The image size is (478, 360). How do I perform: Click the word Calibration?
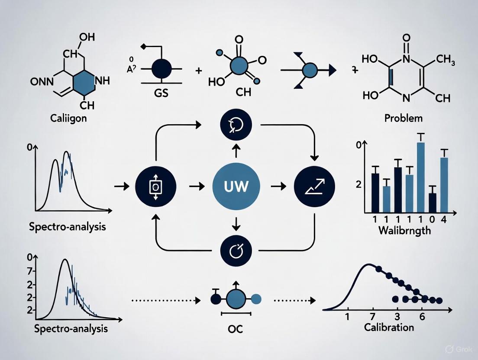[x=389, y=327]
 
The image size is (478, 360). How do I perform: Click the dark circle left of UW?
[x=155, y=186]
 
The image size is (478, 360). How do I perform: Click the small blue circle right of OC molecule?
[x=256, y=298]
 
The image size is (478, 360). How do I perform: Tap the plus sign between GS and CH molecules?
[x=199, y=70]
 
